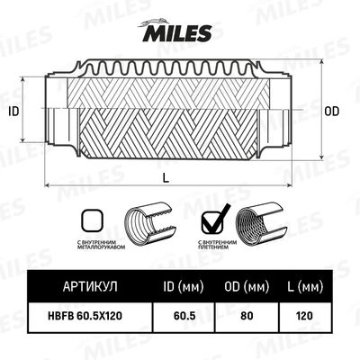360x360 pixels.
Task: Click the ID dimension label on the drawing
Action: click(x=13, y=111)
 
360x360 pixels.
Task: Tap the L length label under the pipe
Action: click(x=166, y=177)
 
